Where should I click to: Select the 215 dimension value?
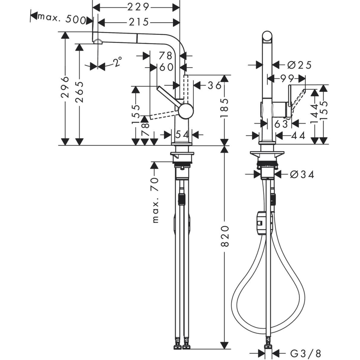click(x=138, y=22)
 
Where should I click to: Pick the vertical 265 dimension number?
click(x=80, y=92)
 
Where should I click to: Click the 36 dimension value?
click(x=213, y=85)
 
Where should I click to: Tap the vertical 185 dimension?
click(x=225, y=109)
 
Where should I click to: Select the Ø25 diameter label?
click(x=299, y=65)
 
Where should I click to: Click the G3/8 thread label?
click(x=305, y=353)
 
